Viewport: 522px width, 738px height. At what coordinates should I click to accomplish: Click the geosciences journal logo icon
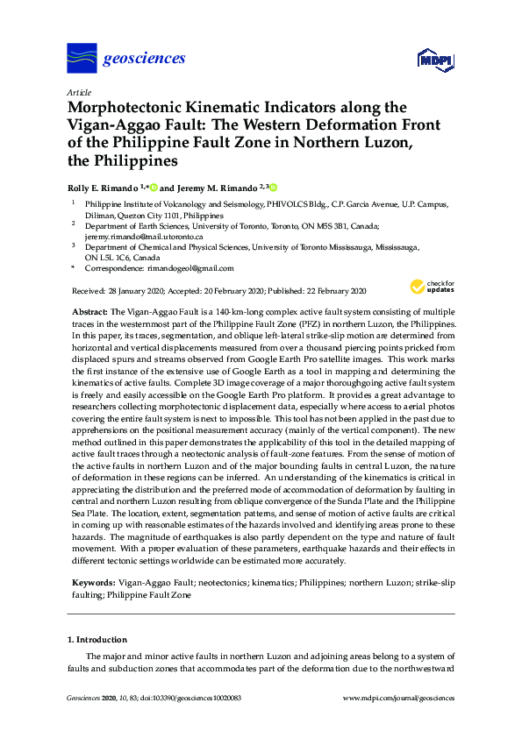pos(82,59)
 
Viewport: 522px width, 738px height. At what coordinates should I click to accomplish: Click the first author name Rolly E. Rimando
pos(104,187)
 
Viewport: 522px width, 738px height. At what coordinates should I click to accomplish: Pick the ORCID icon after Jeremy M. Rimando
pos(273,187)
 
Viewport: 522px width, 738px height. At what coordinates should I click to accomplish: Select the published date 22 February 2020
pos(330,290)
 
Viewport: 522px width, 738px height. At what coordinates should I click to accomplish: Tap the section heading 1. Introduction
pos(97,640)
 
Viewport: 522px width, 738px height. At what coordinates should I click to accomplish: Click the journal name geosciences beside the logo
pos(145,59)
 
